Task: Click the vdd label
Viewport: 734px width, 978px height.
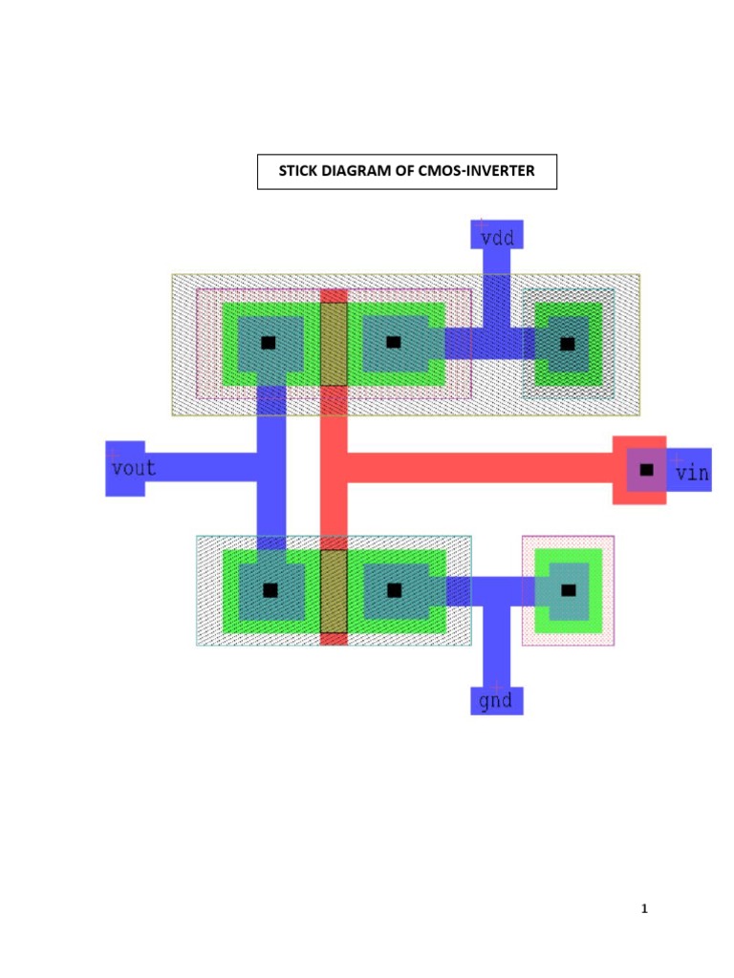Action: pyautogui.click(x=497, y=238)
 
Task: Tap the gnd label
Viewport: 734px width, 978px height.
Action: pyautogui.click(x=496, y=701)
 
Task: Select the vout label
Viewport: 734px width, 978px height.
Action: pyautogui.click(x=133, y=469)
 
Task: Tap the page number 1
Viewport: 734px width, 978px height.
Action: pyautogui.click(x=644, y=909)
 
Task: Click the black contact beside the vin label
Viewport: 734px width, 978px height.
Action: pyautogui.click(x=647, y=469)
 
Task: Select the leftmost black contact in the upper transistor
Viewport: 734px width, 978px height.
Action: pyautogui.click(x=269, y=342)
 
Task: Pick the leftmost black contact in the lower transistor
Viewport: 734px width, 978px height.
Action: pyautogui.click(x=270, y=591)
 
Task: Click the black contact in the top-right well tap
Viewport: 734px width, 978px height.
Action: pyautogui.click(x=568, y=343)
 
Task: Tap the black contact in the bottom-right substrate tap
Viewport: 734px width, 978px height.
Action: pyautogui.click(x=569, y=590)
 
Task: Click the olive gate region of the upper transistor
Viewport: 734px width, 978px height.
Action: pyautogui.click(x=333, y=344)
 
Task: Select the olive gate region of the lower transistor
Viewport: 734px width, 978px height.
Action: pyautogui.click(x=333, y=590)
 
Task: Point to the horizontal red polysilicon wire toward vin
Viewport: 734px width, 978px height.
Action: pyautogui.click(x=478, y=467)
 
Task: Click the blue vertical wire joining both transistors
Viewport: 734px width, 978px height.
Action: pyautogui.click(x=271, y=468)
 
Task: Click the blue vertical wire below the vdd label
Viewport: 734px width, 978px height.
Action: pyautogui.click(x=496, y=287)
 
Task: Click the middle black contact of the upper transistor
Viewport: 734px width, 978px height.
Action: pyautogui.click(x=394, y=342)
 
